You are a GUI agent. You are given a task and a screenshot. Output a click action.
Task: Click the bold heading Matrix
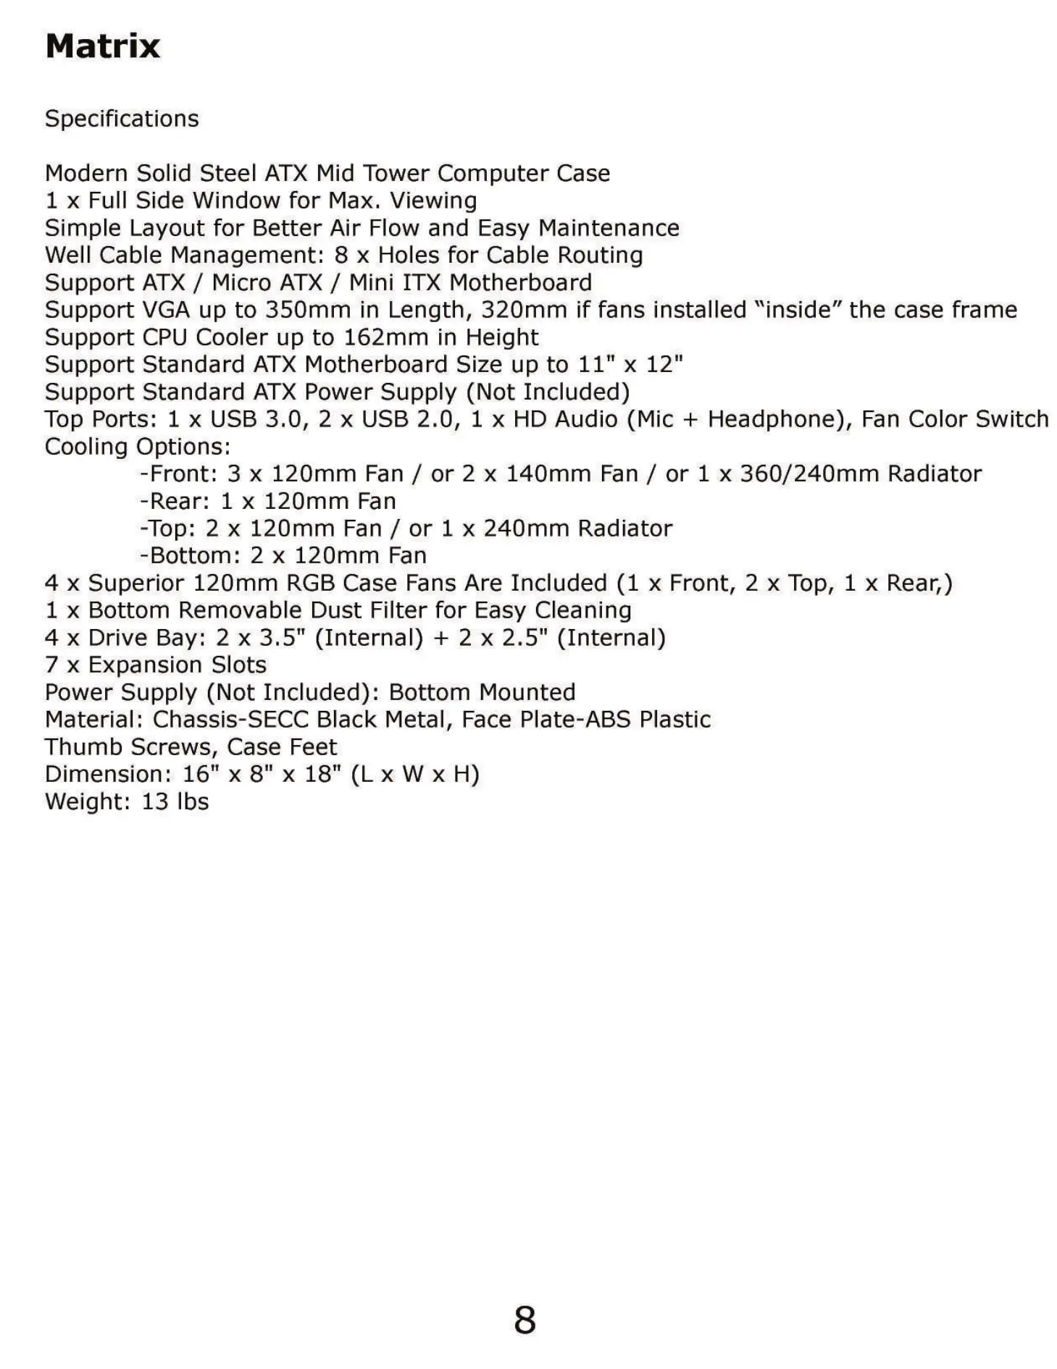102,46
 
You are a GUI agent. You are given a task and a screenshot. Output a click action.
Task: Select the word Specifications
122,119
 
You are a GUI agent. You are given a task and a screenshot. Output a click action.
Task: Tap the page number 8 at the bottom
525,1319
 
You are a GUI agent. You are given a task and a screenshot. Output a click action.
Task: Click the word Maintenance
609,228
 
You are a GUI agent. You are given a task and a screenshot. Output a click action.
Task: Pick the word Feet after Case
313,747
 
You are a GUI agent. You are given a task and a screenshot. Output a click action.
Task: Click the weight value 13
155,802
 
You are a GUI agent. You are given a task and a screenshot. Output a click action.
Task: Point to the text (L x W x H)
415,775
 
